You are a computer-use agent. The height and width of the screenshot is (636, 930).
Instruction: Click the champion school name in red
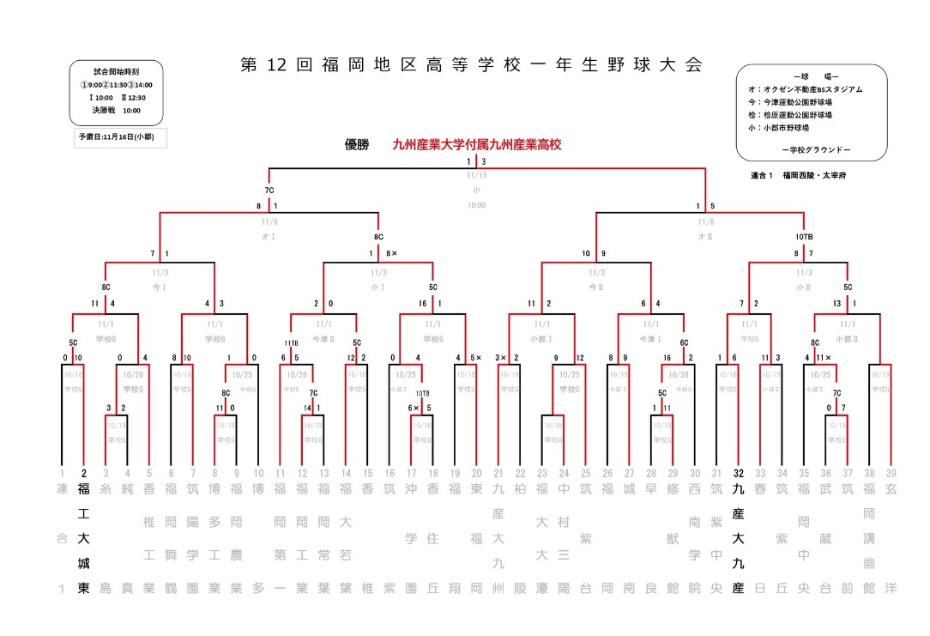pyautogui.click(x=476, y=145)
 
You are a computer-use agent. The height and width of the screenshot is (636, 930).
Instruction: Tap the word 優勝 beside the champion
pyautogui.click(x=356, y=145)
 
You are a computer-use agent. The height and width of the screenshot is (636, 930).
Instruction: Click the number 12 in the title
pyautogui.click(x=275, y=65)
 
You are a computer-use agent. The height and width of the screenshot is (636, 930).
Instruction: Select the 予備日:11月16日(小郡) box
pyautogui.click(x=118, y=137)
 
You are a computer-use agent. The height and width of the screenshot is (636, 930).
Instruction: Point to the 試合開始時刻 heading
pyautogui.click(x=117, y=71)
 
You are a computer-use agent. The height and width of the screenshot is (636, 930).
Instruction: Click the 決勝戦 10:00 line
pyautogui.click(x=117, y=110)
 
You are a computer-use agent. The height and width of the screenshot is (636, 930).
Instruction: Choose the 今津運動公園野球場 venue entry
pyautogui.click(x=795, y=102)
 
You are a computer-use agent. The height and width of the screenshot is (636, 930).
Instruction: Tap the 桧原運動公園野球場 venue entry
pyautogui.click(x=795, y=115)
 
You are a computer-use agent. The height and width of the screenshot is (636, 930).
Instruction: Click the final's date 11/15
pyautogui.click(x=476, y=174)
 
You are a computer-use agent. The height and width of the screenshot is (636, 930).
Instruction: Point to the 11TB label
pyautogui.click(x=290, y=342)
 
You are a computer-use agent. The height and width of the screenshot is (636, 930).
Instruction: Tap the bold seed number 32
pyautogui.click(x=739, y=473)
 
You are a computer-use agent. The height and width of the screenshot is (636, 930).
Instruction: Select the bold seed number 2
pyautogui.click(x=84, y=473)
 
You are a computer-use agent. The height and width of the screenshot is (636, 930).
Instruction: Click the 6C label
pyautogui.click(x=684, y=342)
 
